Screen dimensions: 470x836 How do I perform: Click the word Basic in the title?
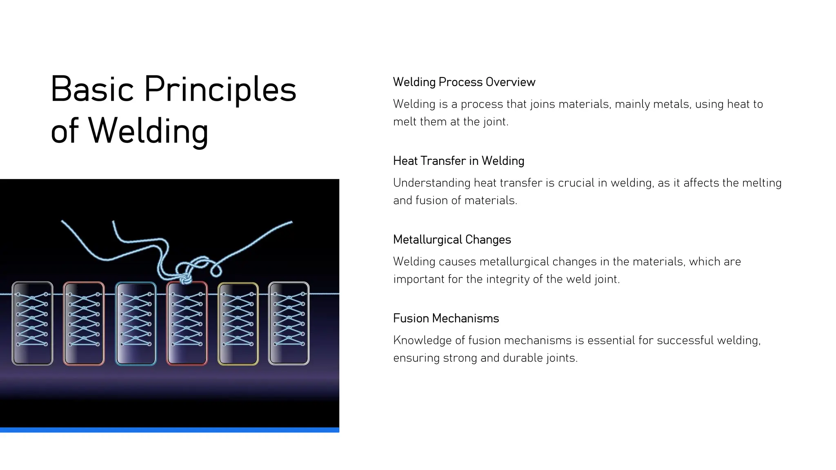pyautogui.click(x=92, y=89)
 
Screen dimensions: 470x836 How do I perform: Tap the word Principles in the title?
pyautogui.click(x=220, y=90)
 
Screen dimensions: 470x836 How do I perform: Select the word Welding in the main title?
pyautogui.click(x=148, y=131)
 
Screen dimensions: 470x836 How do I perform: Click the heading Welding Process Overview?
pyautogui.click(x=464, y=82)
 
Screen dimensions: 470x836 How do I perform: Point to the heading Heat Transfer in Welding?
pyautogui.click(x=458, y=161)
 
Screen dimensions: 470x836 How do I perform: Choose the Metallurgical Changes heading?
pyautogui.click(x=452, y=239)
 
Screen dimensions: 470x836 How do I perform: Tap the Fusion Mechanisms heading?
pyautogui.click(x=446, y=318)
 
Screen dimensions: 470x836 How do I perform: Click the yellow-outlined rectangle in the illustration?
pyautogui.click(x=238, y=323)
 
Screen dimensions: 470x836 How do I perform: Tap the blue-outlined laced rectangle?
pyautogui.click(x=136, y=323)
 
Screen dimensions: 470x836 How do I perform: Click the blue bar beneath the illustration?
pyautogui.click(x=169, y=430)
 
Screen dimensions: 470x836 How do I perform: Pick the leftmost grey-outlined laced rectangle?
pyautogui.click(x=32, y=323)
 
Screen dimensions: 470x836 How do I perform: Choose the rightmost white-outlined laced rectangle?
pyautogui.click(x=289, y=323)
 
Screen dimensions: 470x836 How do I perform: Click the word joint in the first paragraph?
pyautogui.click(x=495, y=122)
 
